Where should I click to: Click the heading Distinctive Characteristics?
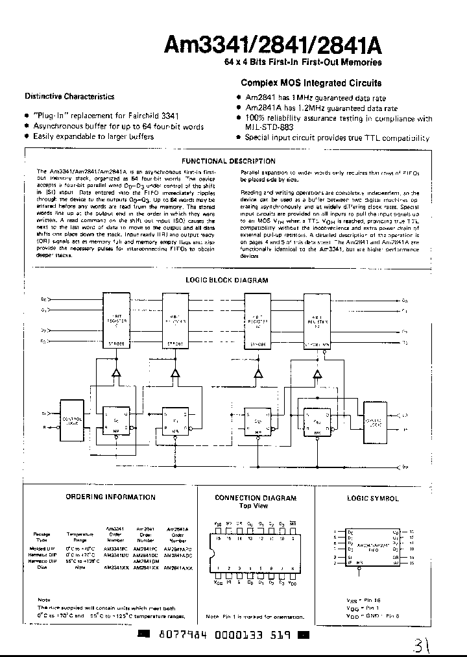coord(69,97)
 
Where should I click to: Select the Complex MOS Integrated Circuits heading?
coord(311,83)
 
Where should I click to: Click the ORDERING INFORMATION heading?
coord(110,497)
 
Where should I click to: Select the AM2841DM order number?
coord(144,561)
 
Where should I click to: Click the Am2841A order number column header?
coord(176,534)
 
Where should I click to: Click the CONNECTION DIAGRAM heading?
coord(256,498)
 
